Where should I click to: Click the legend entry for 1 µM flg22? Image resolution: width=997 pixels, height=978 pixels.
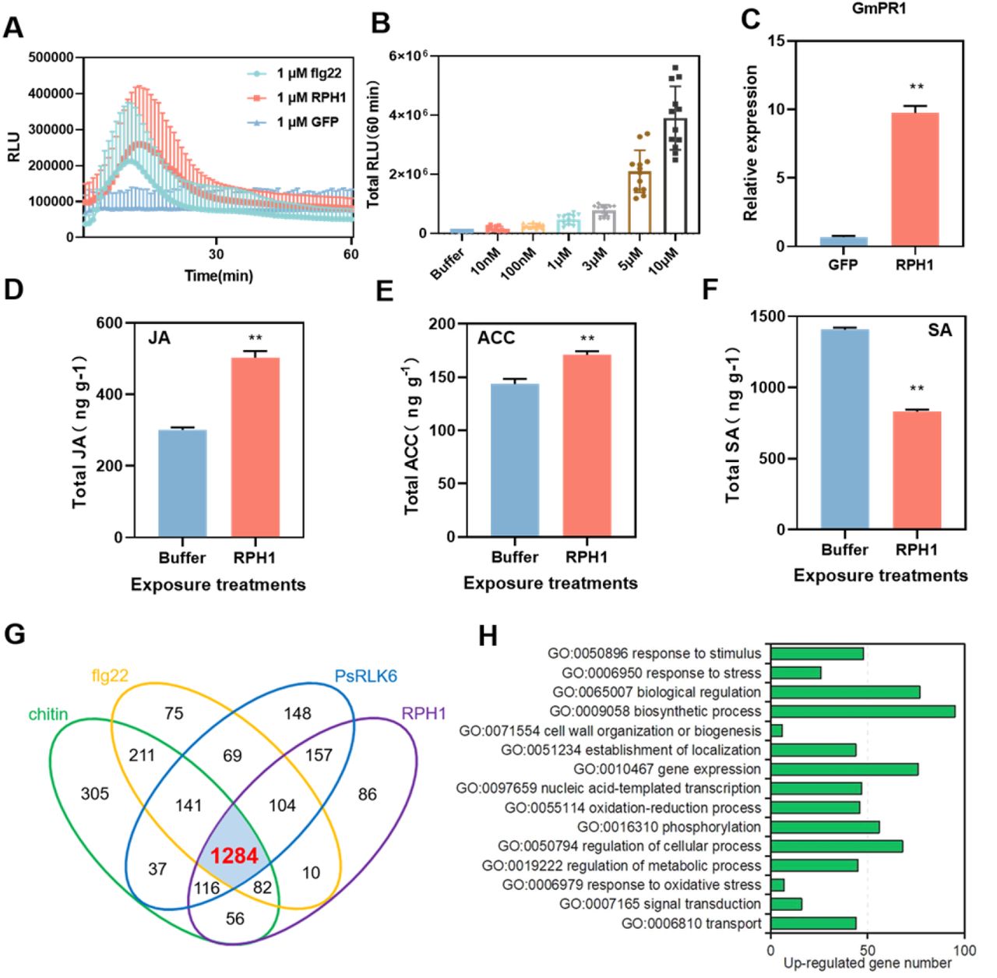[x=308, y=73]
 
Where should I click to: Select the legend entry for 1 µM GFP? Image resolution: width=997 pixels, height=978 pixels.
[x=307, y=122]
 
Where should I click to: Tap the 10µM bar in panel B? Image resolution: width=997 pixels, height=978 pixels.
[x=675, y=175]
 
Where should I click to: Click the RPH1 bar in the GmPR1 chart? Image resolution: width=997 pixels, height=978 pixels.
[x=914, y=180]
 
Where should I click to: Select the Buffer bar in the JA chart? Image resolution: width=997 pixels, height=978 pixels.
[x=182, y=483]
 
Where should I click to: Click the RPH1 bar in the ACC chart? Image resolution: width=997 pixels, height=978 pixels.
[x=587, y=446]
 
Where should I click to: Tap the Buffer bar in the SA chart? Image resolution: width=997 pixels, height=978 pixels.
[x=844, y=429]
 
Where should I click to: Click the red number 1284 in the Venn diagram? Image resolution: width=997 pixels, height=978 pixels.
[x=234, y=856]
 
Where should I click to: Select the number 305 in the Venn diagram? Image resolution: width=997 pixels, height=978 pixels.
[x=95, y=793]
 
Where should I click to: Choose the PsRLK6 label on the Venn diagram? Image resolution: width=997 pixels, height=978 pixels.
[x=365, y=676]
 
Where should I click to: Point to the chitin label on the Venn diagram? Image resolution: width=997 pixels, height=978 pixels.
[x=48, y=714]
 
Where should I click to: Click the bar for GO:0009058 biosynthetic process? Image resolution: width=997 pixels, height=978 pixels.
[x=862, y=711]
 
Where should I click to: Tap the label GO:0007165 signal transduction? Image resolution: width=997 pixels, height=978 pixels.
[x=660, y=904]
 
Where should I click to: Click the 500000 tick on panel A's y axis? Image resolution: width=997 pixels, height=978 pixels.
[x=51, y=57]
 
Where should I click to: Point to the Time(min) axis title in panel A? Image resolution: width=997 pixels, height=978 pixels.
[x=218, y=275]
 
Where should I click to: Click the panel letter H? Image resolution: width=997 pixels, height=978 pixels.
[x=488, y=636]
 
